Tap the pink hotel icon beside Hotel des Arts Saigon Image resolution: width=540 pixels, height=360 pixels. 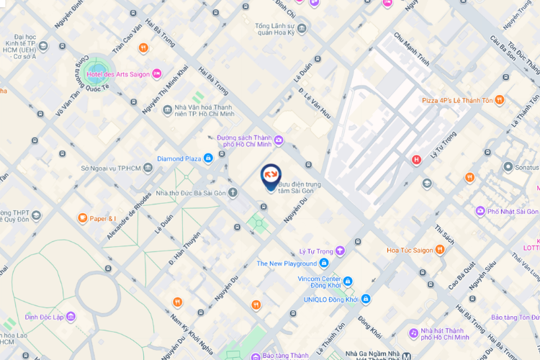click(x=157, y=74)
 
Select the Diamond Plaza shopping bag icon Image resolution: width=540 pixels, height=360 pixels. click(x=207, y=158)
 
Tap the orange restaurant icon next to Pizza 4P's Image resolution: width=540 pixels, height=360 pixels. click(x=500, y=100)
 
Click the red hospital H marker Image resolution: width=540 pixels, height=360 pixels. click(x=415, y=160)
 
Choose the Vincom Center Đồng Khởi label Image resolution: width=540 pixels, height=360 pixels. click(x=320, y=279)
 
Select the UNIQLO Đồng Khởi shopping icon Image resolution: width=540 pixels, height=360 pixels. click(x=366, y=298)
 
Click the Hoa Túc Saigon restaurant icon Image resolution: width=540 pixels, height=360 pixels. click(x=440, y=251)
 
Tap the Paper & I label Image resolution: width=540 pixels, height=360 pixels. click(x=103, y=218)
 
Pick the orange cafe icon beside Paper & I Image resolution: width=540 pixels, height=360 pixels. click(x=83, y=218)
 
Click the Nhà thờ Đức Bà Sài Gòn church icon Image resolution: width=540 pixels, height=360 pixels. click(x=233, y=192)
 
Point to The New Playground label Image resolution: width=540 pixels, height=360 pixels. click(x=287, y=264)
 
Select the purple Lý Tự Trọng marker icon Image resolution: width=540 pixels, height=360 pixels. click(x=340, y=251)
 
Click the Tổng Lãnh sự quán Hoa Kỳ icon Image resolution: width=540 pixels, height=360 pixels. click(x=302, y=29)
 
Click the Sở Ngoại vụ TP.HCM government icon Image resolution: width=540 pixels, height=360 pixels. click(x=148, y=168)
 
